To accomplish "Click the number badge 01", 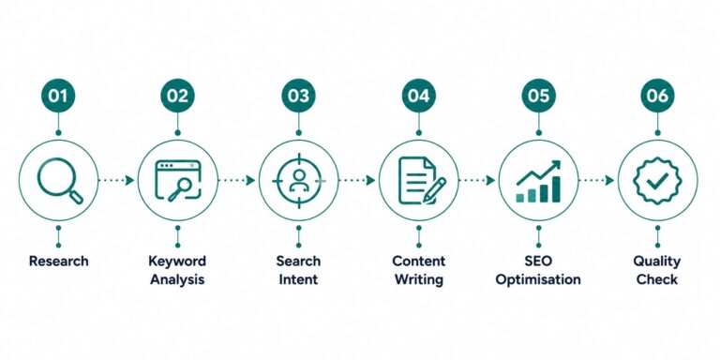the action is click(58, 96).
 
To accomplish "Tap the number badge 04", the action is click(419, 96).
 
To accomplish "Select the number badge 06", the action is click(657, 96).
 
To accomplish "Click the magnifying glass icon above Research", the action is click(60, 180).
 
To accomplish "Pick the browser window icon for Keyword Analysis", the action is click(178, 180).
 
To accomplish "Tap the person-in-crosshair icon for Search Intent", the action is click(299, 180).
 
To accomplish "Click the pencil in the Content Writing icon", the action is click(434, 190).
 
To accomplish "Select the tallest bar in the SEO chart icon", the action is click(556, 189).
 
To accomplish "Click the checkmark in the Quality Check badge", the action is click(657, 181).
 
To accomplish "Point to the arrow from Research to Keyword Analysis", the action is click(116, 180).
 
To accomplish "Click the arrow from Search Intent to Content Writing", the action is click(357, 180).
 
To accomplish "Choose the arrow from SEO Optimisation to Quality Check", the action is click(596, 180).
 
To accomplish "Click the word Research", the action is click(59, 262).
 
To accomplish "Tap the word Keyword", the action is click(177, 262).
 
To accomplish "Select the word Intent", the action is click(298, 279).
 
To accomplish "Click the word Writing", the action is click(419, 279).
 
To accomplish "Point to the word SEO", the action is click(538, 262).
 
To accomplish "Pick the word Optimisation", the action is click(538, 279).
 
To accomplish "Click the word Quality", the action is click(657, 262).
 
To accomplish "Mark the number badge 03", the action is click(299, 96).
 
